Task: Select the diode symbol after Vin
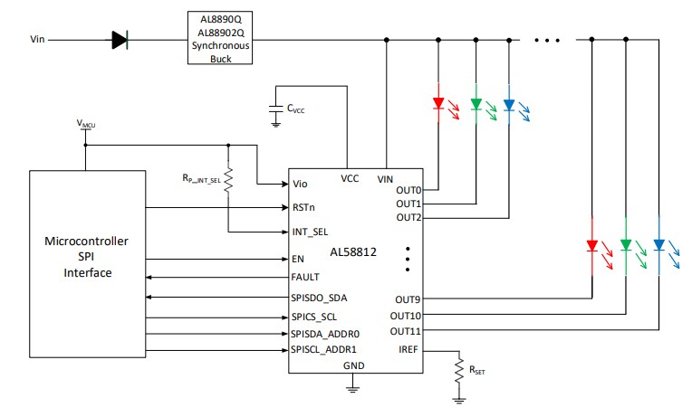tap(120, 40)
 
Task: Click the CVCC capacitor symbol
tap(275, 109)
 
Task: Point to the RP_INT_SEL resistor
tap(229, 177)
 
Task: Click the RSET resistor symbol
tap(459, 368)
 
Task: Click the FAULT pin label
tap(307, 277)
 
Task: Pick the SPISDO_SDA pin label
tap(320, 298)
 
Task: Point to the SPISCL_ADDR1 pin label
tap(324, 348)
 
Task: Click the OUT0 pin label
tap(408, 190)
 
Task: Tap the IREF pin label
tap(408, 348)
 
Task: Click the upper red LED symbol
tap(438, 104)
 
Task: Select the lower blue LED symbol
tap(659, 245)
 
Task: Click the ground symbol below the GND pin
tap(352, 389)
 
